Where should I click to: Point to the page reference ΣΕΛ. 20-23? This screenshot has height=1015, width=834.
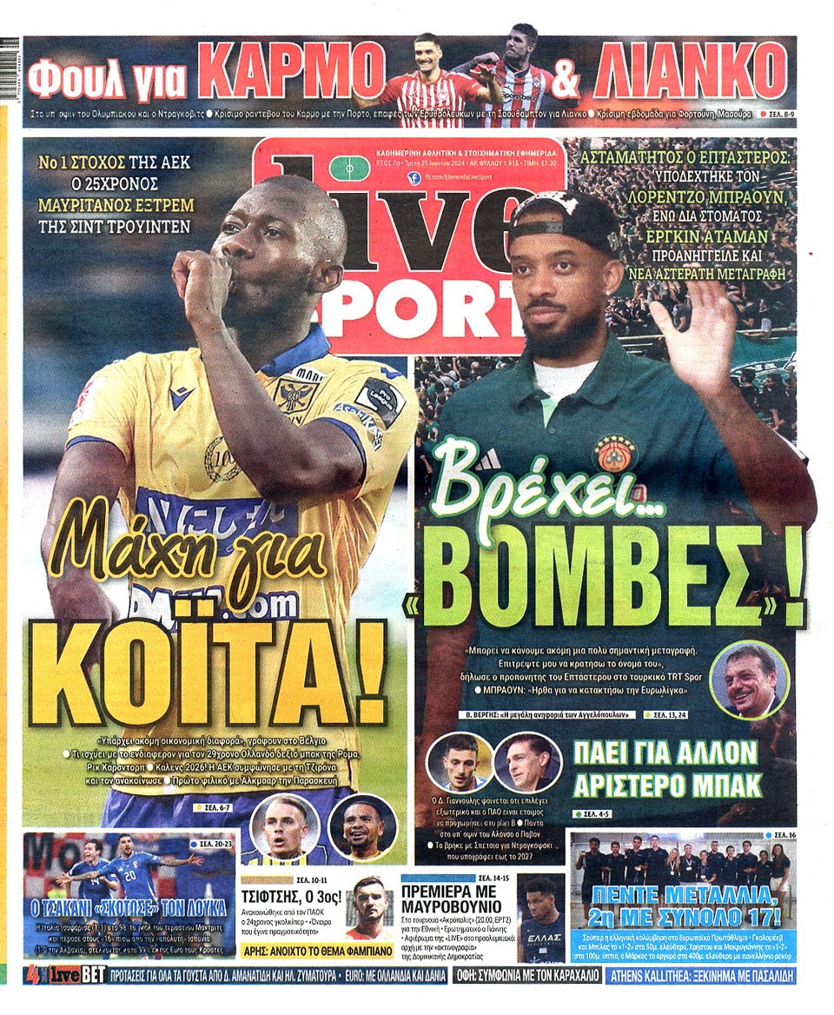(212, 844)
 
